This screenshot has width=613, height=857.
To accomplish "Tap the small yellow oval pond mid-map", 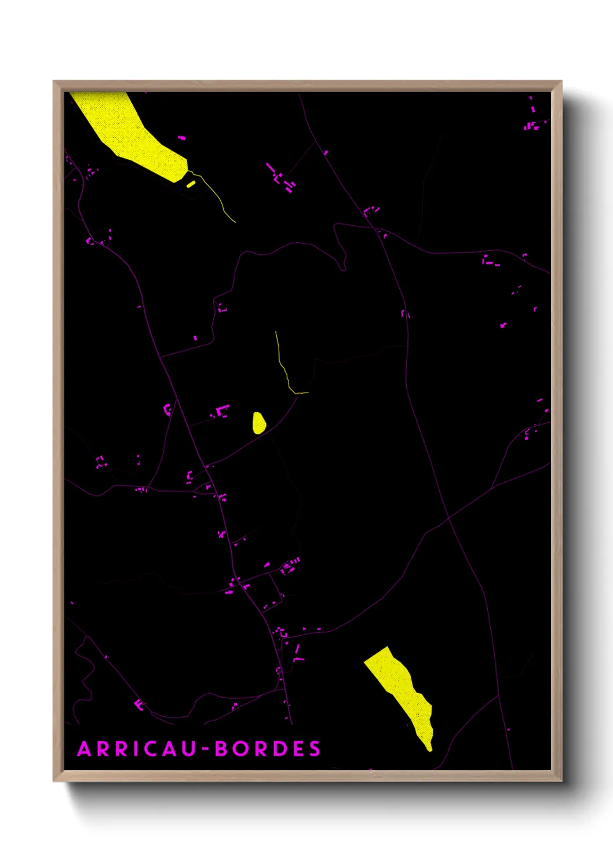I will pos(258,423).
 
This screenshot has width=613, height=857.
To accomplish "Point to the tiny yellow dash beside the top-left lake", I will pos(191,184).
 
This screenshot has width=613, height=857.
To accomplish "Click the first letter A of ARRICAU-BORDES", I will pos(85,749).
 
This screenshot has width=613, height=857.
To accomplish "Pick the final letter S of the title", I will pos(315,749).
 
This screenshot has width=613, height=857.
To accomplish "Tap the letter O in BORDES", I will pos(240,749).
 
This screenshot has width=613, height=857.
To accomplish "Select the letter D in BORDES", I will pos(279,749).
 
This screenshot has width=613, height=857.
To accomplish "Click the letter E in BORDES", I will pos(297,749).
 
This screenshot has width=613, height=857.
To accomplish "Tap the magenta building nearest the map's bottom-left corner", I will pos(139,705).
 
